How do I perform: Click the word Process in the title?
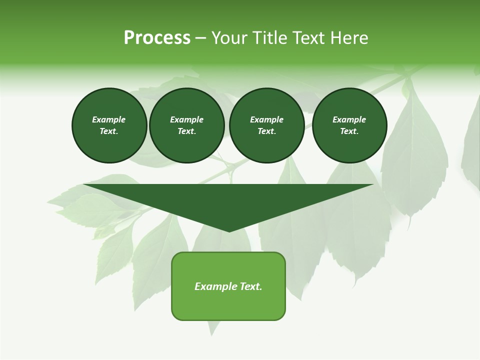157,38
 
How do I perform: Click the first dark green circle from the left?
109,125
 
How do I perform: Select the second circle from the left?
186,125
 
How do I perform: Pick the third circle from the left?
266,125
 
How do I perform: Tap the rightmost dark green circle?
349,125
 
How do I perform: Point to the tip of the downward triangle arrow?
229,231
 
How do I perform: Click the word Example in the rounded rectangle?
216,286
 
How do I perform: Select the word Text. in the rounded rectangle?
251,286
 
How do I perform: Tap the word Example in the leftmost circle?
109,120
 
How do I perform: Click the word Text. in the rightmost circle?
349,131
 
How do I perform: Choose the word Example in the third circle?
266,120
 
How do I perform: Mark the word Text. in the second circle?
186,131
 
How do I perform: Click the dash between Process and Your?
201,38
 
